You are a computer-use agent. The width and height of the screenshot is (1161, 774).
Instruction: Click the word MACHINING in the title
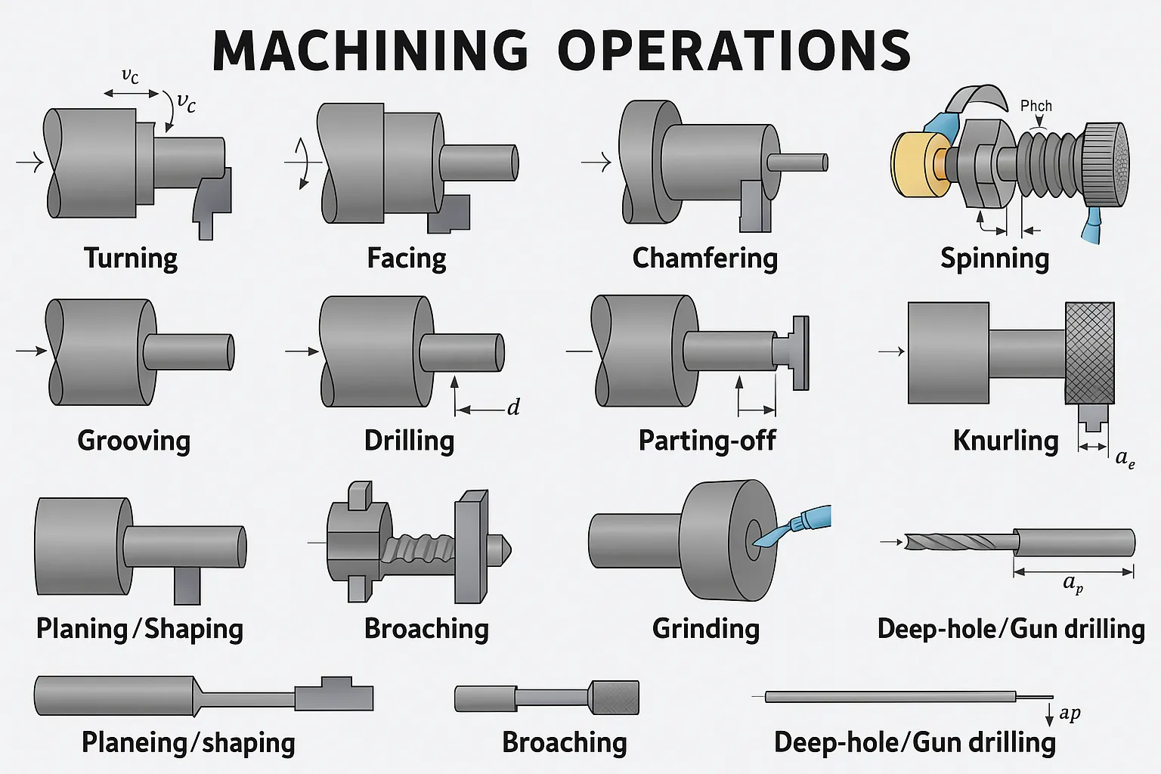[x=370, y=51]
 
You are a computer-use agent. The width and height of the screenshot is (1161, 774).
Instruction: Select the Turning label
[x=131, y=259]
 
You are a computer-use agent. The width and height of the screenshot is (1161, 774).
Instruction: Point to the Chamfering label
[x=704, y=259]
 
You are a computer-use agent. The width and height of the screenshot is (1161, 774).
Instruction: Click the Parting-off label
[x=707, y=441]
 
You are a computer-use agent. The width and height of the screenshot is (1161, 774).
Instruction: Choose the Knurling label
[x=1005, y=441]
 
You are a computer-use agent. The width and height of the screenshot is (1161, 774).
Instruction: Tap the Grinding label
[x=705, y=629]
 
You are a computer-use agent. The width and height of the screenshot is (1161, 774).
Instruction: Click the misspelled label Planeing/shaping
[x=188, y=743]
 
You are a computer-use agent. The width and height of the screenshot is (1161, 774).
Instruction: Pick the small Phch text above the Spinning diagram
[x=1036, y=106]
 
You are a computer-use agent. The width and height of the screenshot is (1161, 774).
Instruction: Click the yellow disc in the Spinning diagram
[x=913, y=164]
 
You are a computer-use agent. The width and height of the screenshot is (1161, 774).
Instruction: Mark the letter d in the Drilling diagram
[x=513, y=408]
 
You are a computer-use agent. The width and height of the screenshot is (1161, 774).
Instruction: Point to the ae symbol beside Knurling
[x=1125, y=458]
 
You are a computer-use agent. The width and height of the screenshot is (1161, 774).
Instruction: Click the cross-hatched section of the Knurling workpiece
[x=1089, y=353]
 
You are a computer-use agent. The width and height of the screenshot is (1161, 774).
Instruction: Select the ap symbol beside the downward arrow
[x=1070, y=713]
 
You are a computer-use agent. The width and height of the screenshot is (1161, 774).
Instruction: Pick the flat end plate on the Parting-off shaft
[x=800, y=353]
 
